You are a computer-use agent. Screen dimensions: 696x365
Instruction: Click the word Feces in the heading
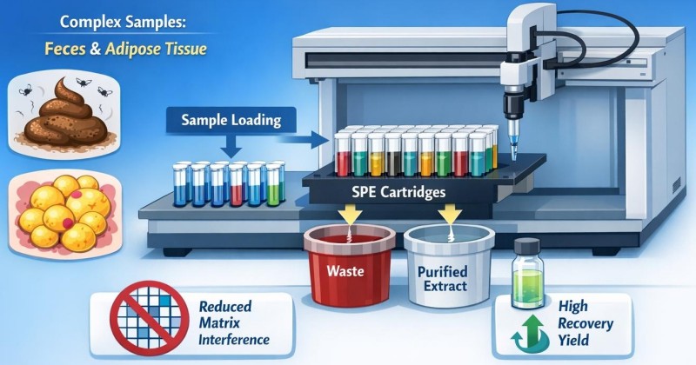(x=65, y=49)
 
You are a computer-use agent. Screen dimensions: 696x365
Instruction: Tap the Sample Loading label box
(x=231, y=120)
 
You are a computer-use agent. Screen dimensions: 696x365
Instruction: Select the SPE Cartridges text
(x=398, y=192)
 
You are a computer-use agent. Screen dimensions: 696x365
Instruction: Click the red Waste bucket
(x=350, y=265)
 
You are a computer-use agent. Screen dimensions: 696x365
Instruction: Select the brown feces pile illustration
(x=65, y=114)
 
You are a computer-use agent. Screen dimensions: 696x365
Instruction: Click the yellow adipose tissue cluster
(x=64, y=212)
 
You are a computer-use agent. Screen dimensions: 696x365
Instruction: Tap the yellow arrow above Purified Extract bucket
(x=450, y=216)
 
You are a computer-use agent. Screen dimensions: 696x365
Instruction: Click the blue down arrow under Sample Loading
(x=231, y=145)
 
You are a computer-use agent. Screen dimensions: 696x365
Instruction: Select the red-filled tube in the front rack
(x=236, y=185)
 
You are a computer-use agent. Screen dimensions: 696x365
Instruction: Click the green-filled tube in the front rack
(x=273, y=184)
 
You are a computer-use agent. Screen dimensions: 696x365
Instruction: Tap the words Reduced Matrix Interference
(x=233, y=323)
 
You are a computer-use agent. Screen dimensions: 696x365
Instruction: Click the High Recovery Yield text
(x=585, y=323)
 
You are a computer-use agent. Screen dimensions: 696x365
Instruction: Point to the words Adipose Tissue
(x=157, y=49)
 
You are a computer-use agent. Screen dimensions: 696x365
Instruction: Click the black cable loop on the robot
(x=613, y=36)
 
